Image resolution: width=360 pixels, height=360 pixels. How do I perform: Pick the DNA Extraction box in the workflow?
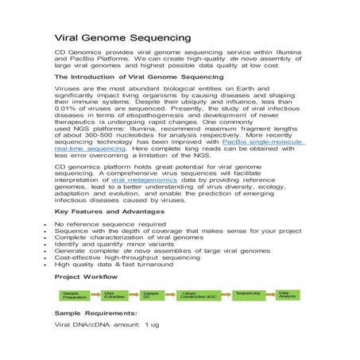[x=114, y=296]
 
